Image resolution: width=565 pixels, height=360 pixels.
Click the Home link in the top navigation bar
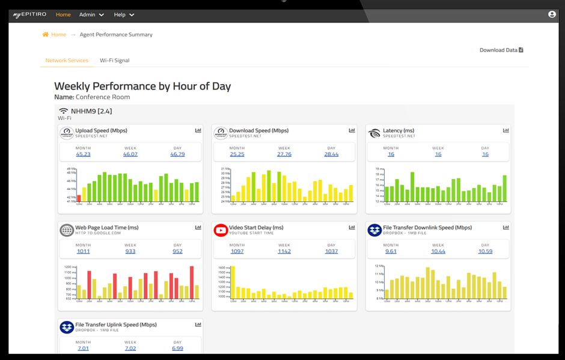tap(63, 14)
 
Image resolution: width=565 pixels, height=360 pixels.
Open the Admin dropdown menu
tap(91, 14)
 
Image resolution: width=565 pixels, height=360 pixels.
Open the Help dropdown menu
tap(124, 14)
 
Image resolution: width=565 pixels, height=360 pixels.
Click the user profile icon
tap(552, 14)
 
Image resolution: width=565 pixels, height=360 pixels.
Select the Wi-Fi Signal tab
tap(114, 61)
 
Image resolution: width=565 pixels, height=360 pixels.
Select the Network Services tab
tap(67, 61)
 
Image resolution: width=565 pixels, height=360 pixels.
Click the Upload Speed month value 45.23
tap(84, 154)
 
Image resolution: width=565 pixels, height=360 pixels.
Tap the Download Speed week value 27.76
tap(284, 154)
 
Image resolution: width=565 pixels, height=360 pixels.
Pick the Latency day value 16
tap(485, 154)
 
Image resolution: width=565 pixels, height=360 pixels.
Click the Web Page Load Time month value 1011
tap(84, 251)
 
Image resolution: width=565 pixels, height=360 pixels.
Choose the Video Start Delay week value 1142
tap(284, 251)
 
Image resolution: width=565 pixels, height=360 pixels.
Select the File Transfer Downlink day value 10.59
tap(485, 251)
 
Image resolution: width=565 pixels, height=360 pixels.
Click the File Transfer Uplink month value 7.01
tap(84, 348)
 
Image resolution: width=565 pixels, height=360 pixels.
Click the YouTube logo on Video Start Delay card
tap(221, 230)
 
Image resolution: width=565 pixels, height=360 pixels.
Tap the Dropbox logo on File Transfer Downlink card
tap(374, 230)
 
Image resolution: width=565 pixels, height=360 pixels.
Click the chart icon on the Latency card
tap(506, 130)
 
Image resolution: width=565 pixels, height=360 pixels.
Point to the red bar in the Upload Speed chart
tap(79, 198)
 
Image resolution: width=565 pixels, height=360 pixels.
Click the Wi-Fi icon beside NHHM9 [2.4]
tap(63, 111)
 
